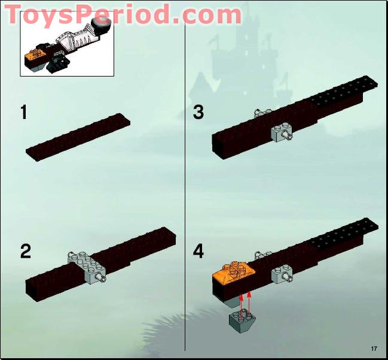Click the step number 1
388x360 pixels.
pos(24,112)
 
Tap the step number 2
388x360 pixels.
pos(25,251)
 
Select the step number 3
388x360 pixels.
pos(198,112)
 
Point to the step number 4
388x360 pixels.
pos(198,251)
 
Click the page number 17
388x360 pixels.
pos(374,349)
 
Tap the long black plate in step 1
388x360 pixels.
pos(78,136)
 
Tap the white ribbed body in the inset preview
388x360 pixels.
pos(78,41)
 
